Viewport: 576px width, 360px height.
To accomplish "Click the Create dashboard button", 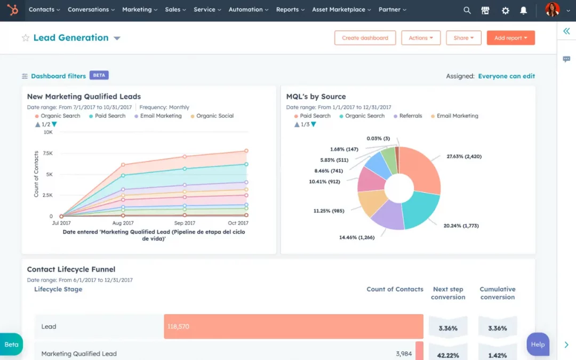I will (x=365, y=38).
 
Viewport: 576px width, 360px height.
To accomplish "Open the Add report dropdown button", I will (x=510, y=38).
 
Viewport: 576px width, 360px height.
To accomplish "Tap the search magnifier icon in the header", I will (x=467, y=10).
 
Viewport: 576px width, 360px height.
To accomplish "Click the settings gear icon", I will (x=505, y=10).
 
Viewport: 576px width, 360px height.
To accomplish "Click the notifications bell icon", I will (x=523, y=10).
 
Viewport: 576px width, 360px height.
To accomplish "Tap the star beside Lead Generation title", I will (x=25, y=38).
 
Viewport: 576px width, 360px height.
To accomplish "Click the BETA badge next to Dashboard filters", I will (x=99, y=75).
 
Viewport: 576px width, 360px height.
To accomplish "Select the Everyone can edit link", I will (x=506, y=76).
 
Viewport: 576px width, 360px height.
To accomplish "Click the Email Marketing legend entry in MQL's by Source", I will (x=457, y=116).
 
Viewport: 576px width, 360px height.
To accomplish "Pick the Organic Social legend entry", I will (x=215, y=116).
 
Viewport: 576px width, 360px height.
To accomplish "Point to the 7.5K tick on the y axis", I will (x=47, y=153).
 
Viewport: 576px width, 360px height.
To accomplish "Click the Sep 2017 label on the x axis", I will (x=185, y=223).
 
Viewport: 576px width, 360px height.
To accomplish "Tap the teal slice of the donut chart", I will (x=420, y=210).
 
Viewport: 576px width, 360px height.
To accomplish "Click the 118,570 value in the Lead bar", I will (x=178, y=326).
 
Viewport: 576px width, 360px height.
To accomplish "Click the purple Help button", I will (x=538, y=344).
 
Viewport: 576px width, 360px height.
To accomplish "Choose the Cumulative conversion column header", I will (x=497, y=293).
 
